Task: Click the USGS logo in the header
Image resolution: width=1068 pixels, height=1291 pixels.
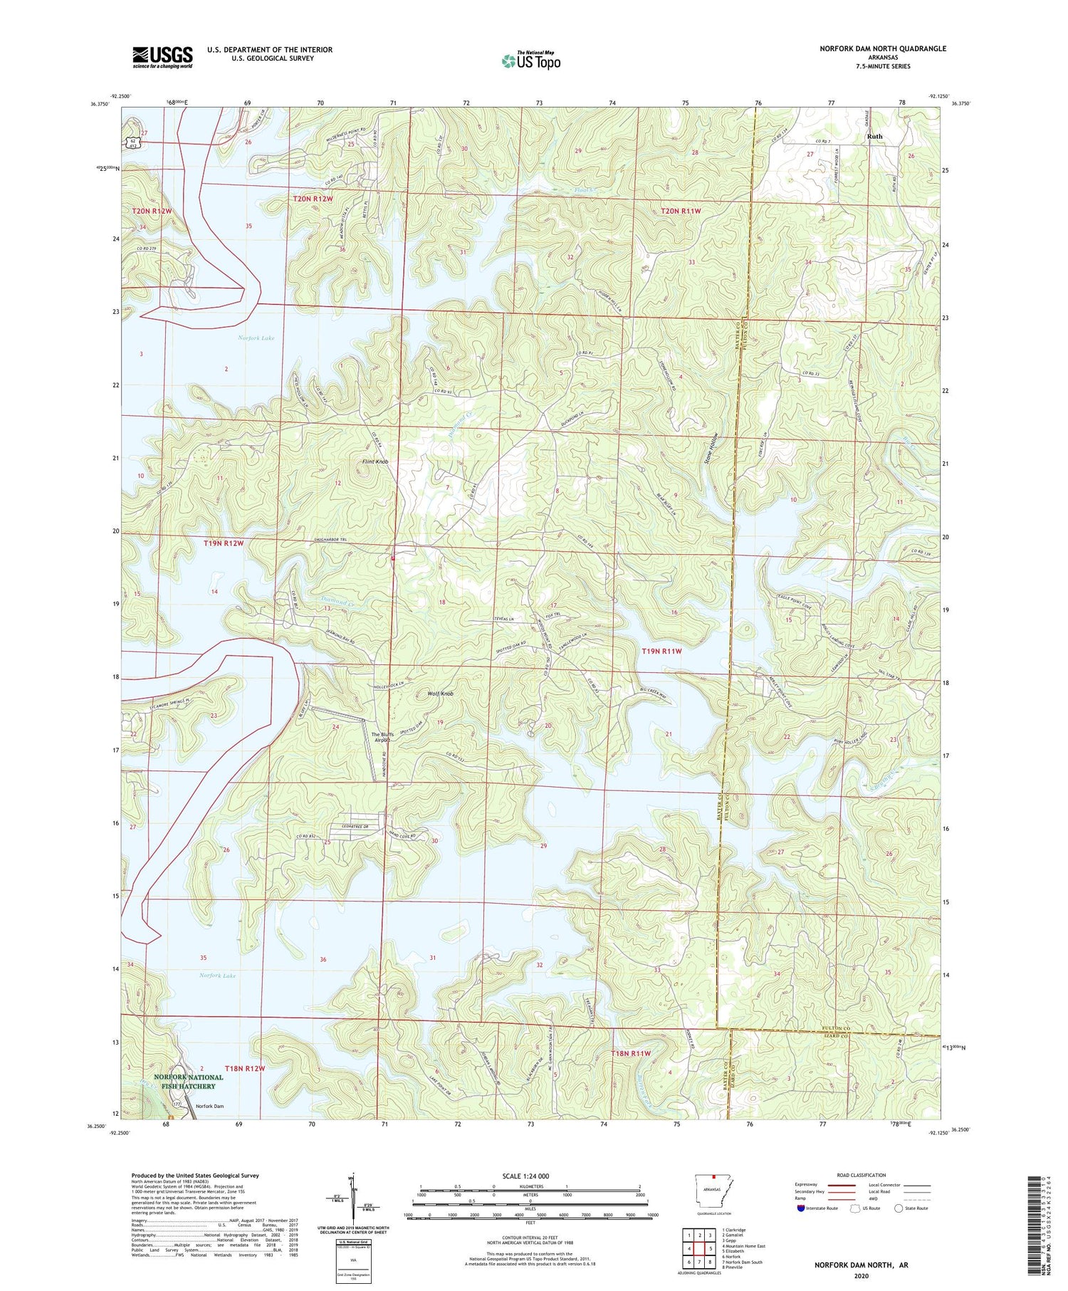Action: click(x=162, y=57)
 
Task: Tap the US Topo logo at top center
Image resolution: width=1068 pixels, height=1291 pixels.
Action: click(x=530, y=61)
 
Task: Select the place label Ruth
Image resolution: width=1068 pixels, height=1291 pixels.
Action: click(x=874, y=136)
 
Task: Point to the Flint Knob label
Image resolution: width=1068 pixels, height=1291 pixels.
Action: click(x=375, y=462)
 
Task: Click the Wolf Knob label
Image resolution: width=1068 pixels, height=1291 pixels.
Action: click(x=440, y=694)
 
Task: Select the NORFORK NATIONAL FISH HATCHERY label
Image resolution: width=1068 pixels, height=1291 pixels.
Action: click(x=184, y=1082)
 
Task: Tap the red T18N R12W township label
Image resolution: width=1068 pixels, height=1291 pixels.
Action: click(x=244, y=1069)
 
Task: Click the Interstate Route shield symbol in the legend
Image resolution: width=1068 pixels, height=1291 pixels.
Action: click(x=801, y=1208)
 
